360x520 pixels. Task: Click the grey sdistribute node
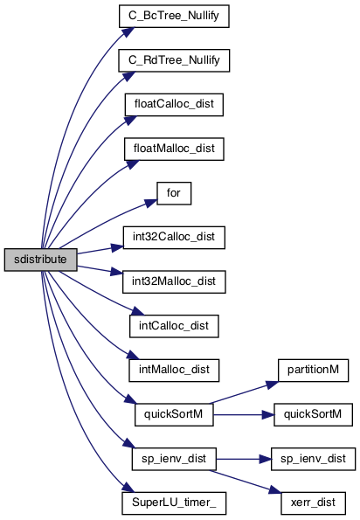[x=41, y=260]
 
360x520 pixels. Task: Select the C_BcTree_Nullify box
[x=174, y=16]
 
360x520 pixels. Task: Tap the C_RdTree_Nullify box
[x=174, y=60]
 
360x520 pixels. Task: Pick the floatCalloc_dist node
[x=174, y=105]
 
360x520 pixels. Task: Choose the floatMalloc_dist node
[x=174, y=149]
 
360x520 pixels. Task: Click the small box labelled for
[x=174, y=193]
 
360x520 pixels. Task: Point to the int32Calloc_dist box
[x=174, y=238]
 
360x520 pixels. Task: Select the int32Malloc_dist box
[x=174, y=281]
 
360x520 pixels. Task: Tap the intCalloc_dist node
[x=174, y=326]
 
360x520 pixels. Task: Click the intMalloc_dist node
[x=174, y=370]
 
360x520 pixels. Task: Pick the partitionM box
[x=314, y=370]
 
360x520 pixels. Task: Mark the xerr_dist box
[x=314, y=503]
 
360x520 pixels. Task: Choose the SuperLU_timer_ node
[x=174, y=503]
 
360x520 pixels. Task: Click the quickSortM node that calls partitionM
[x=174, y=414]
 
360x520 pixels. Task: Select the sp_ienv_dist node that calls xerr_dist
[x=174, y=459]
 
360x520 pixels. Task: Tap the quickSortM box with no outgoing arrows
[x=314, y=414]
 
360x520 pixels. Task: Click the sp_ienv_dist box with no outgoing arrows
[x=314, y=459]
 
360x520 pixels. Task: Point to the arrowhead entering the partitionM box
[x=273, y=385]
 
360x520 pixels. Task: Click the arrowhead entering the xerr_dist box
[x=275, y=490]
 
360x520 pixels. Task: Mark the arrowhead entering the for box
[x=151, y=203]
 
